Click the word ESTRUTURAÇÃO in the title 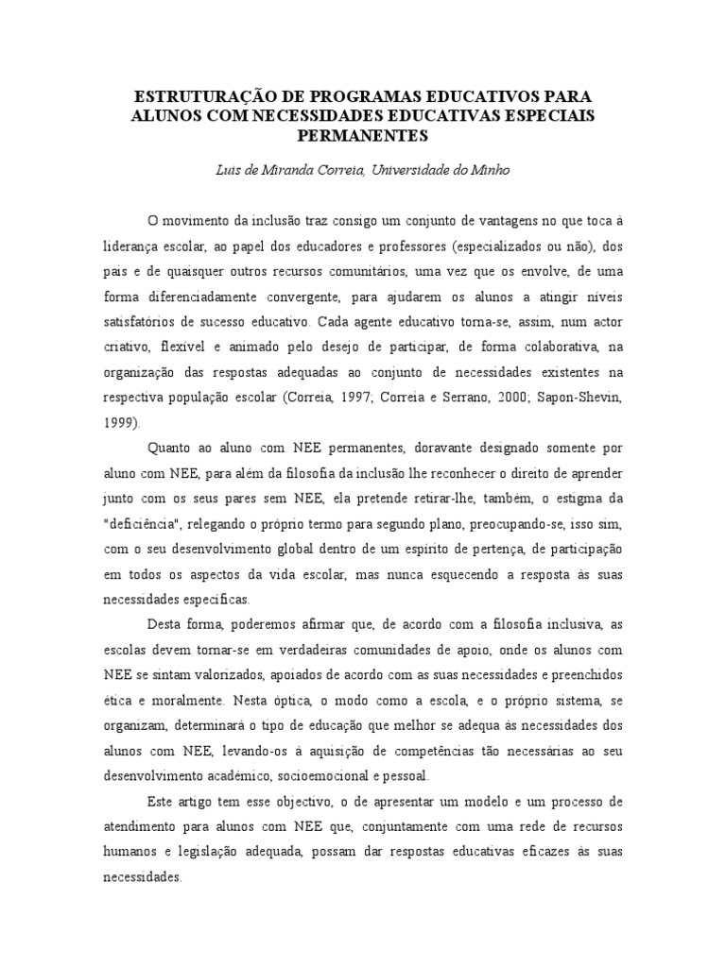point(198,97)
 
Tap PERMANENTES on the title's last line point(362,135)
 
